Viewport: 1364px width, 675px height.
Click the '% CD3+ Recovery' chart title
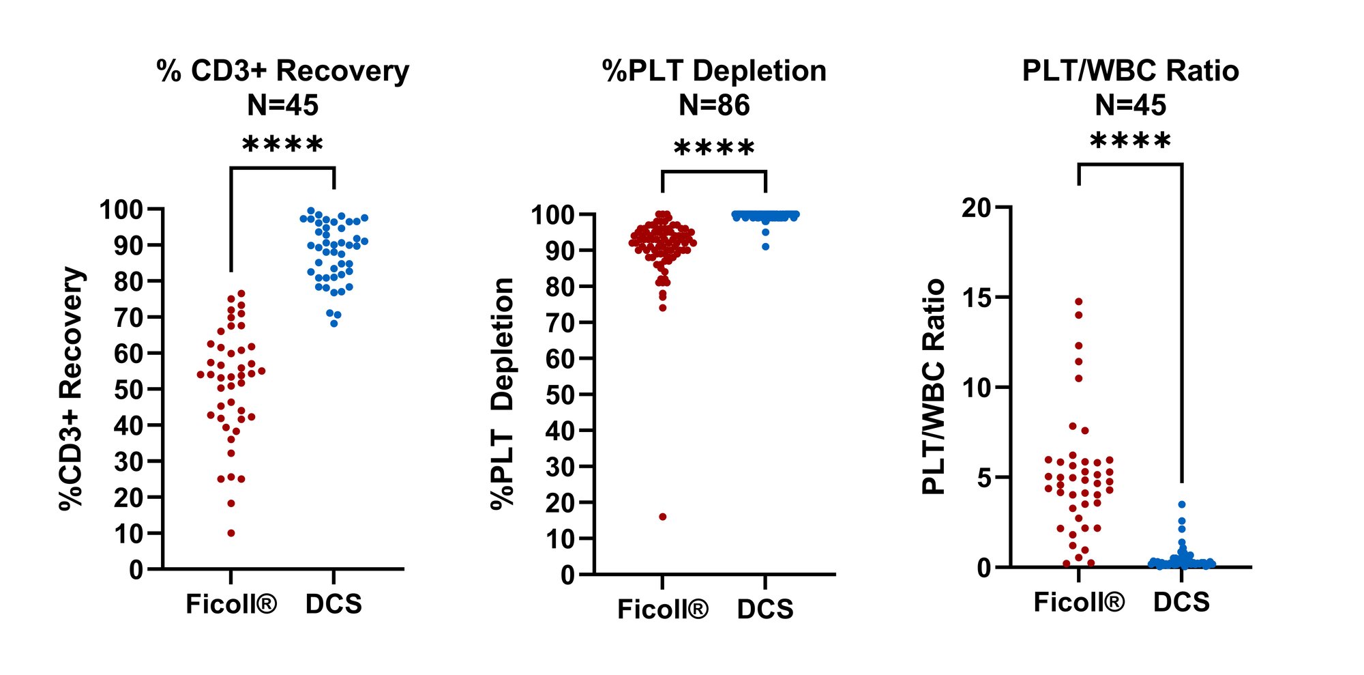(x=282, y=71)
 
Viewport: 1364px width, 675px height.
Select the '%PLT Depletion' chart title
(x=714, y=71)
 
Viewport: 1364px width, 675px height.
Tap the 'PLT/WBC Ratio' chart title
(x=1130, y=71)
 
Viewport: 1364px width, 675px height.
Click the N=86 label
(x=714, y=105)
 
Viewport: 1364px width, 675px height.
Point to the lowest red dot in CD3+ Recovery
(x=231, y=533)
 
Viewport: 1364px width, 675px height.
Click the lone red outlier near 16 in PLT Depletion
(x=662, y=517)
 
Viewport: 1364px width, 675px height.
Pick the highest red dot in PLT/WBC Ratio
(x=1078, y=301)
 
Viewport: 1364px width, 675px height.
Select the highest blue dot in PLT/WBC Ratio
(x=1181, y=504)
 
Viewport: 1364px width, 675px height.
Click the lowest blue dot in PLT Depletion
(x=765, y=246)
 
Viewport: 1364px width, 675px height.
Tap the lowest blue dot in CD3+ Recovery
(x=333, y=324)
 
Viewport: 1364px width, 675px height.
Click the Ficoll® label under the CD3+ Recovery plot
(x=231, y=604)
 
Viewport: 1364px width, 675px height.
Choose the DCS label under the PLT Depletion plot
(x=765, y=609)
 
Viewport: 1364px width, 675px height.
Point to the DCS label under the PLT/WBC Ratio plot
(x=1181, y=602)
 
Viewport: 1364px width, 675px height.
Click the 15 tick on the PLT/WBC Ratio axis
(x=976, y=298)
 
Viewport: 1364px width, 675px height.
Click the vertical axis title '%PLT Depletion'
(x=503, y=393)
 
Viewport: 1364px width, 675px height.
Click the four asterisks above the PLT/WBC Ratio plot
(x=1130, y=142)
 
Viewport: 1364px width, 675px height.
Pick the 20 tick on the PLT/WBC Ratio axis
(x=976, y=207)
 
